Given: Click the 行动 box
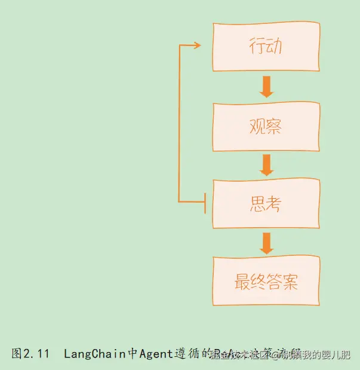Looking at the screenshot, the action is point(266,47).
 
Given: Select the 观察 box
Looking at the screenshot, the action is point(266,126).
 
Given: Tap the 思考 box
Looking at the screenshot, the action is point(266,203).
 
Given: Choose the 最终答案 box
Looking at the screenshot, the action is point(266,281).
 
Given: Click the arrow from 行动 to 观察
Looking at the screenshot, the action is point(266,86).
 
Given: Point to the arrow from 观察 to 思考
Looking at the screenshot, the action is point(266,164).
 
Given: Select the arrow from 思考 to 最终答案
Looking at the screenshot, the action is point(266,242).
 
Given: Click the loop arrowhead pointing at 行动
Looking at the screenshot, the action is point(196,45).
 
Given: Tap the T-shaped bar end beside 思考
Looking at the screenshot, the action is point(205,203).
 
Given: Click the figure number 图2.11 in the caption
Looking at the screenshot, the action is point(30,353).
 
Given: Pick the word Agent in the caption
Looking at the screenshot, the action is point(156,353).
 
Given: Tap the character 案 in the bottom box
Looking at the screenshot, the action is point(291,282).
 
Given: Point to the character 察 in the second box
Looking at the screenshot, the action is point(274,127).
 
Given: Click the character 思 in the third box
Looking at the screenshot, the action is point(257,204).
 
